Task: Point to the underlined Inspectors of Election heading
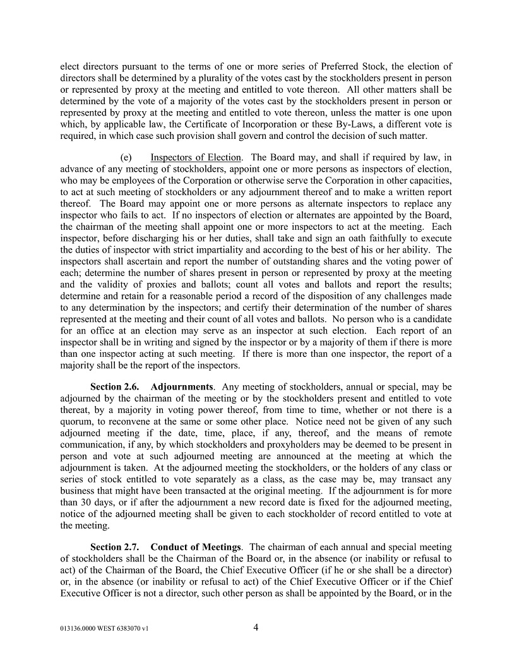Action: (x=196, y=157)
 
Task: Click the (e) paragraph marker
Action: (x=126, y=157)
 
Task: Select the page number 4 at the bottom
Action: (x=256, y=628)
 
